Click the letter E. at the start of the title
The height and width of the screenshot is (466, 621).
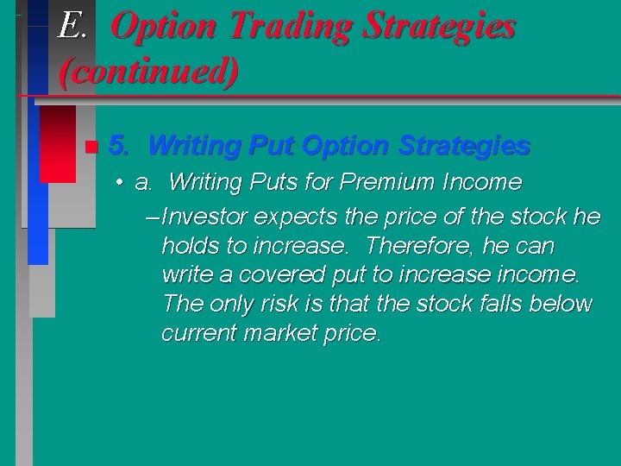[72, 27]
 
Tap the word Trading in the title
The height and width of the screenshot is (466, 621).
[284, 27]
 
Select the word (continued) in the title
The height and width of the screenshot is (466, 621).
[148, 70]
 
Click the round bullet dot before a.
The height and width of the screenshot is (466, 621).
[120, 183]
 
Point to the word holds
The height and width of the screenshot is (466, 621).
[191, 246]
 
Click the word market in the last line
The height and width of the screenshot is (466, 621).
[280, 333]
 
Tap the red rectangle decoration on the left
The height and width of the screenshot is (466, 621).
[58, 143]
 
